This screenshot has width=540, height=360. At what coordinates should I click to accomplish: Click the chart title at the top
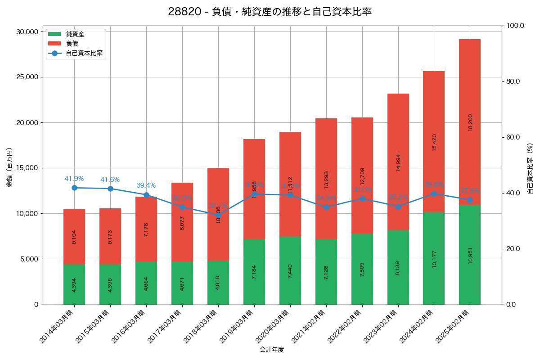pos(270,12)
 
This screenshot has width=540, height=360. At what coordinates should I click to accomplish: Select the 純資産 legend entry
pos(75,34)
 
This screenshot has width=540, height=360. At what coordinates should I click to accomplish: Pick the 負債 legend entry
pos(72,44)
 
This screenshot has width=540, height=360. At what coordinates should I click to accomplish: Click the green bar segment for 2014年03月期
pos(74,284)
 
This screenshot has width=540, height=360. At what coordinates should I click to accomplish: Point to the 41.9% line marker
pos(74,188)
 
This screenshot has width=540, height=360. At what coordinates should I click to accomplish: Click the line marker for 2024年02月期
pos(434,193)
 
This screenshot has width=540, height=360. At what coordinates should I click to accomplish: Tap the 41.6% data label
pos(110,180)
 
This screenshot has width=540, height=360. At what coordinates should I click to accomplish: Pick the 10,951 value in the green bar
pos(470,255)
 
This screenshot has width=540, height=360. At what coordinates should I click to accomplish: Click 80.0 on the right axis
pos(513,81)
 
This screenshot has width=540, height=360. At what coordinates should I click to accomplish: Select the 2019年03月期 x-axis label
pos(236,327)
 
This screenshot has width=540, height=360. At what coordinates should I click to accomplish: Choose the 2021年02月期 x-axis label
pos(308,327)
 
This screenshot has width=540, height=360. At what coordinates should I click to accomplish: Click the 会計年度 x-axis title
pos(272,350)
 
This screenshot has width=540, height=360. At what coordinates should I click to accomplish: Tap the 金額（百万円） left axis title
pos(9,167)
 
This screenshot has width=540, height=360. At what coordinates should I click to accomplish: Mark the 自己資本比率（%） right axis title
pos(530,169)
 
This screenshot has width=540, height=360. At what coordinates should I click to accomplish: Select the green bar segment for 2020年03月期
pos(290,270)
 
